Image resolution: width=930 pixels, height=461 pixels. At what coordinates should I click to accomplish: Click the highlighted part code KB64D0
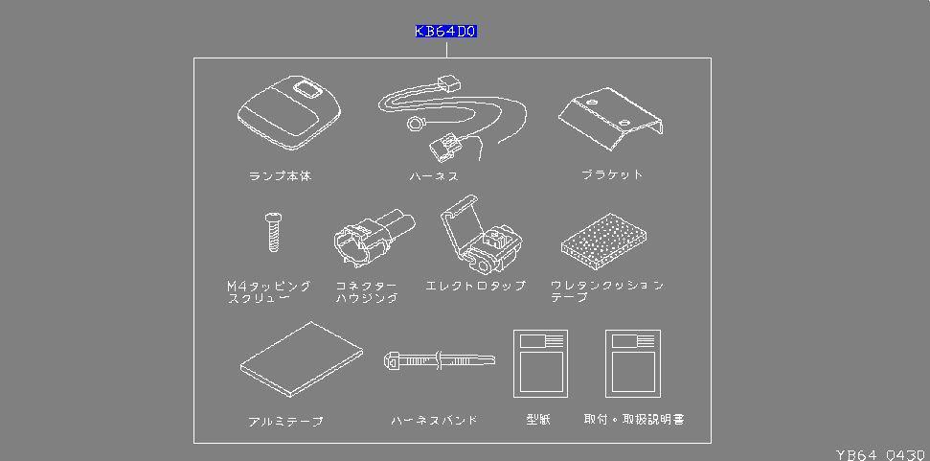pos(446,32)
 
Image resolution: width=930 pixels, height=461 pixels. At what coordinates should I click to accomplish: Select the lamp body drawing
pos(289,114)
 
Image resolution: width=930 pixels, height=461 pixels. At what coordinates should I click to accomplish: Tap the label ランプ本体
pos(280,176)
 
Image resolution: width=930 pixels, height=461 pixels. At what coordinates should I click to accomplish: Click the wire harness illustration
pos(452,118)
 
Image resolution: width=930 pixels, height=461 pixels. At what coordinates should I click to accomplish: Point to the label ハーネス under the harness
pos(434,176)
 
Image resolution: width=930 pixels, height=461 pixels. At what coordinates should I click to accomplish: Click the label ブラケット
pos(612,175)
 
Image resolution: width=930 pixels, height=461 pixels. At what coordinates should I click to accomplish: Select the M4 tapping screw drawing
pos(272,231)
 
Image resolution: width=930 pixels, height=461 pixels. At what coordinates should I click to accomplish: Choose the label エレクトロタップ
pos(476,286)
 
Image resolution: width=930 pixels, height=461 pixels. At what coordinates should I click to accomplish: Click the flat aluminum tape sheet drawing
pos(302,359)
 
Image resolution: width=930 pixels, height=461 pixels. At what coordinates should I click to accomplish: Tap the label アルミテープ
pos(285,422)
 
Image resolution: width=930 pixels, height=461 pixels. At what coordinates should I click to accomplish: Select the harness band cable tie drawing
pos(440,360)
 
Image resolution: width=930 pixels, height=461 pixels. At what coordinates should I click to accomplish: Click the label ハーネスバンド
pos(434,421)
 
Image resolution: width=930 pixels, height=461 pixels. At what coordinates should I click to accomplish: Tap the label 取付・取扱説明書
pos(634,420)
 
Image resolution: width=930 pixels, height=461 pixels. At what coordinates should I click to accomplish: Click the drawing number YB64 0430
pos(881,455)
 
